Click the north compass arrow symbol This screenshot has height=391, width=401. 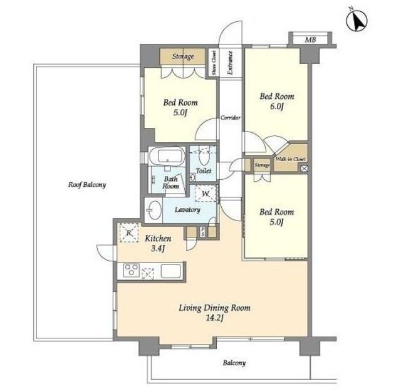[x=357, y=20]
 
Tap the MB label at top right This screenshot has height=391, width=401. [x=311, y=39]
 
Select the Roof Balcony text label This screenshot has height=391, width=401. [x=87, y=185]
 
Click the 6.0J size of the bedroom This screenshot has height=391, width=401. [x=277, y=107]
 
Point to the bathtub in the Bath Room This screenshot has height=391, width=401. [x=167, y=156]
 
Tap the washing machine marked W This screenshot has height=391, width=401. [x=206, y=194]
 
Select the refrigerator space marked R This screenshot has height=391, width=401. [x=129, y=232]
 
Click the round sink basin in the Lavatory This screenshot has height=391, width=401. [x=155, y=210]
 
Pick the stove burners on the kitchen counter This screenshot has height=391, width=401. [x=132, y=270]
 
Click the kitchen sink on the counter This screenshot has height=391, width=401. [x=170, y=271]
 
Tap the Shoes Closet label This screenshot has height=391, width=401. [x=214, y=63]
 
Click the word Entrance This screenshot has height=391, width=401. [x=230, y=63]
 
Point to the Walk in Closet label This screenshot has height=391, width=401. [x=291, y=159]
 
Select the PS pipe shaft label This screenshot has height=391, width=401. [x=202, y=232]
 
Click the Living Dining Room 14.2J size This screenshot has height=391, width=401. [x=215, y=318]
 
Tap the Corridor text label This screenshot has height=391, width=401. [x=231, y=118]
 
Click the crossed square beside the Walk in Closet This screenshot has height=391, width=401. [x=304, y=169]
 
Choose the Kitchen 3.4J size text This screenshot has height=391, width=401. [x=158, y=248]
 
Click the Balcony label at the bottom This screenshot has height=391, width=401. [x=234, y=363]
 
